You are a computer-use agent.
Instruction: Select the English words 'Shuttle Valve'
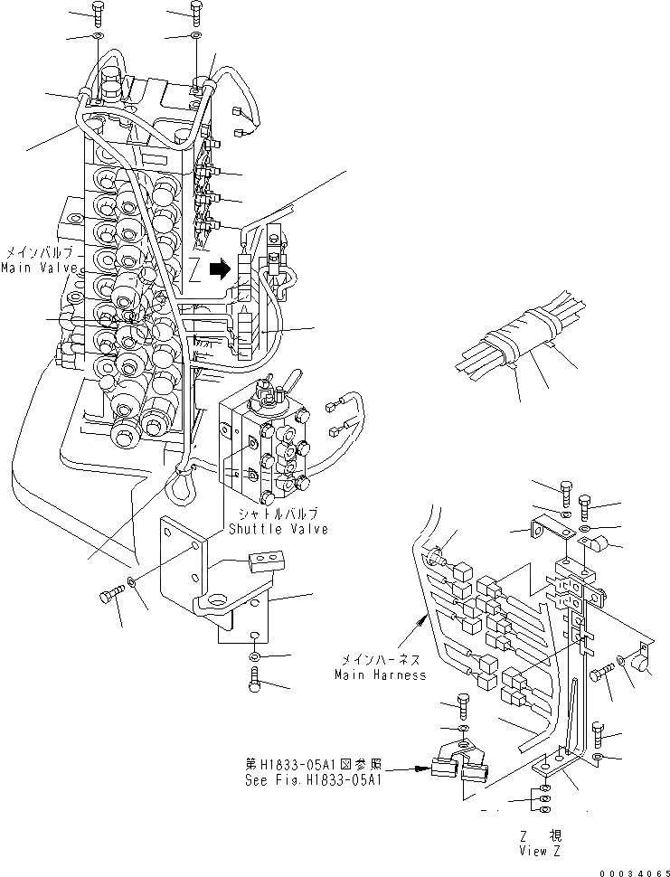[x=278, y=529]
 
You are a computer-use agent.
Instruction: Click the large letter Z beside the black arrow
[x=194, y=269]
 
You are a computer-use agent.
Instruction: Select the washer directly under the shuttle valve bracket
[x=255, y=655]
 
